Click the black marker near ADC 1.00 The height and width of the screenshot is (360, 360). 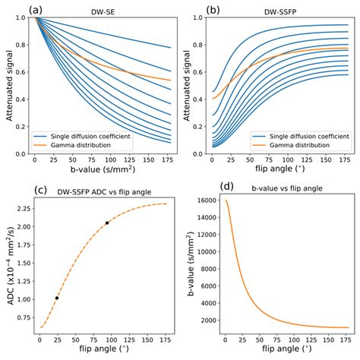pos(57,298)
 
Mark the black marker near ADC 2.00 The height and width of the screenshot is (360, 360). pos(107,223)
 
